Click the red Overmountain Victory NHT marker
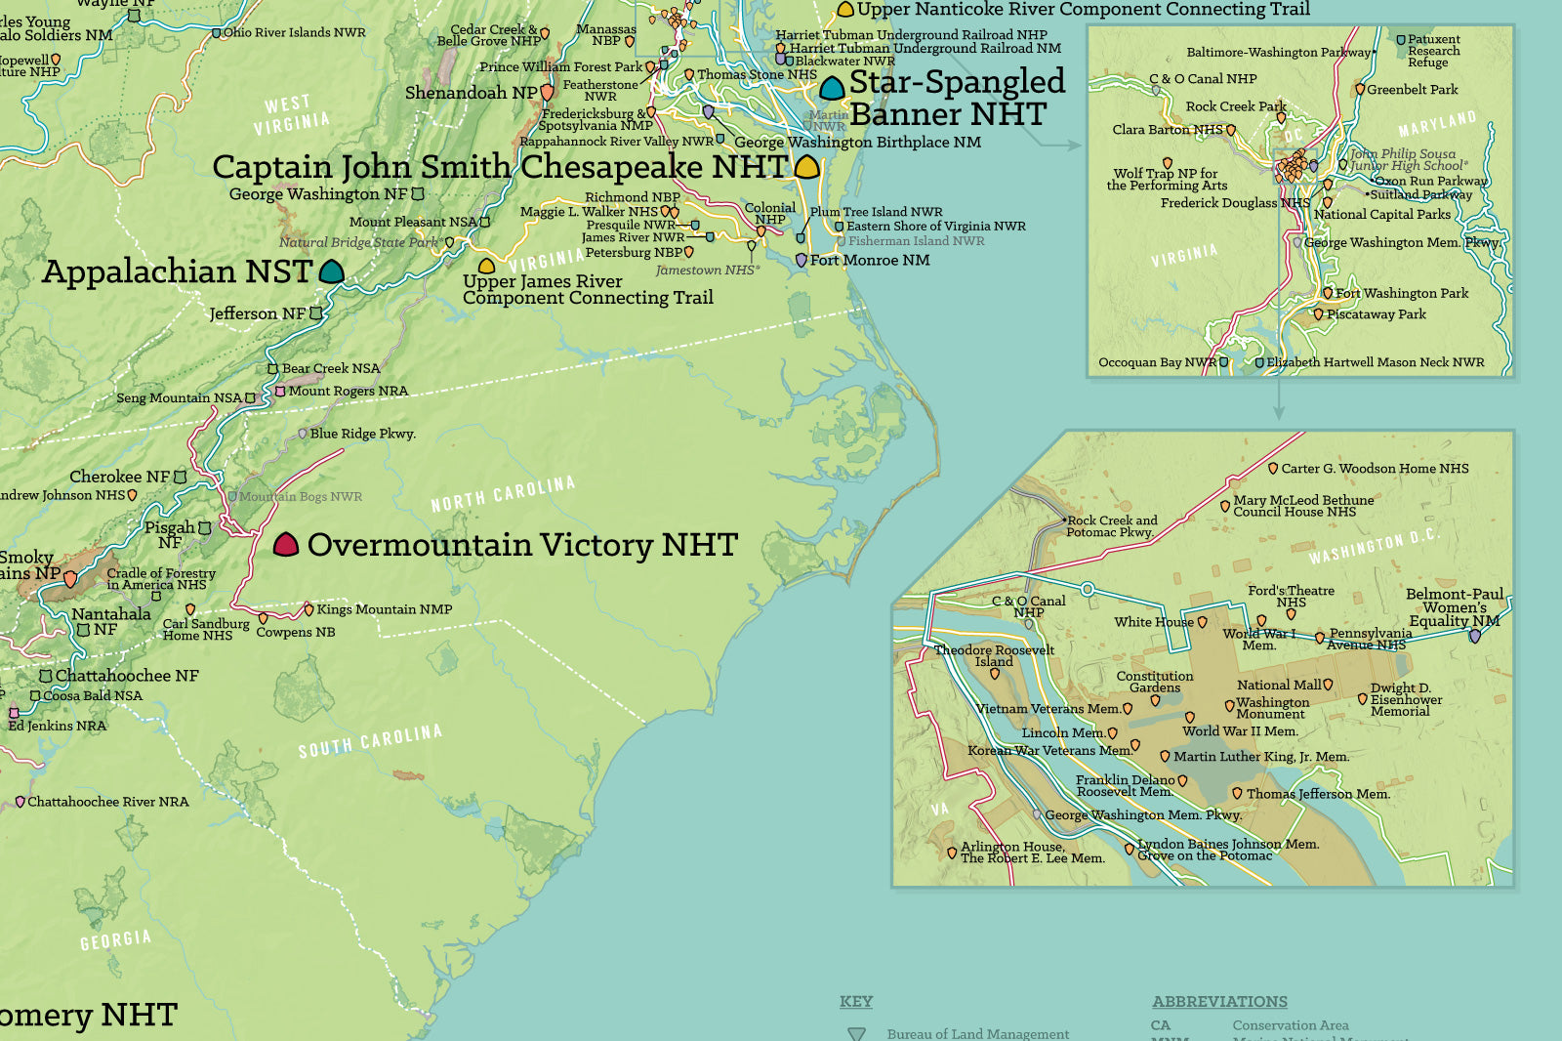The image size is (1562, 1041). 285,545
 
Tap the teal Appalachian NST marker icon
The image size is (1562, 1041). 332,271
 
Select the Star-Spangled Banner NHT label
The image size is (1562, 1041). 957,98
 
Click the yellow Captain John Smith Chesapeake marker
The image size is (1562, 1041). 806,167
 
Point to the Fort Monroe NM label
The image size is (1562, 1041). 869,260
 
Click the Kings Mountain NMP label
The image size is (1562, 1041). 384,609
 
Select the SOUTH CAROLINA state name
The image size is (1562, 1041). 370,741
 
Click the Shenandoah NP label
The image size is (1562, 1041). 471,93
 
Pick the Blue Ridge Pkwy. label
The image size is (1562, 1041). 362,434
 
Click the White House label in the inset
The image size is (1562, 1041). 1153,622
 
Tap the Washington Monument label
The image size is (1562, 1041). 1272,708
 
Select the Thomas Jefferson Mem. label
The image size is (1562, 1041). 1317,794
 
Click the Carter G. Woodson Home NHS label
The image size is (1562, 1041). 1375,469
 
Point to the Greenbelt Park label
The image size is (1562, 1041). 1412,90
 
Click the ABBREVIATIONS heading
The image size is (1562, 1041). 1219,1002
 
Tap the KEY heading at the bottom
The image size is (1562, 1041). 856,1002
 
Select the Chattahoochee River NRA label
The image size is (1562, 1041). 107,802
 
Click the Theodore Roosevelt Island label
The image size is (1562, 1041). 994,655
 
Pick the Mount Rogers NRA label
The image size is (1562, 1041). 348,391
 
